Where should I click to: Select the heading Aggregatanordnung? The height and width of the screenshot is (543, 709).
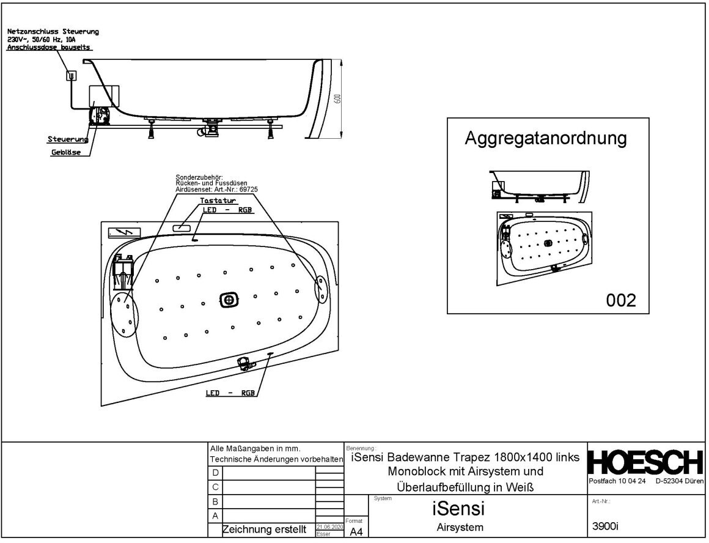546,139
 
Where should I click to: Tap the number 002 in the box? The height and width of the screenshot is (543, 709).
621,300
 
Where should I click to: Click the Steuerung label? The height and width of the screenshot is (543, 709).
68,139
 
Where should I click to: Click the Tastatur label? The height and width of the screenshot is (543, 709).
218,201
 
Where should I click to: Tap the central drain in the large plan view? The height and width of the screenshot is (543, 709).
229,300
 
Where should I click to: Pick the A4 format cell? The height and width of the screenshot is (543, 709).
356,532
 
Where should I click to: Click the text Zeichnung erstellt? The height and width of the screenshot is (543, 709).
264,530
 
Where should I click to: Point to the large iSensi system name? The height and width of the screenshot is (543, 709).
458,508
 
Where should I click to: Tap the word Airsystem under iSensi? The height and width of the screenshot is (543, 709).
460,528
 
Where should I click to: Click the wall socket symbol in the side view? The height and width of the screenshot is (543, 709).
72,76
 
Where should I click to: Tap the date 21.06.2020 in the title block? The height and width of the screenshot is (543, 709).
329,526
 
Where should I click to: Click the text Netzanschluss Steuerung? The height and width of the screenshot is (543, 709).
53,31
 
